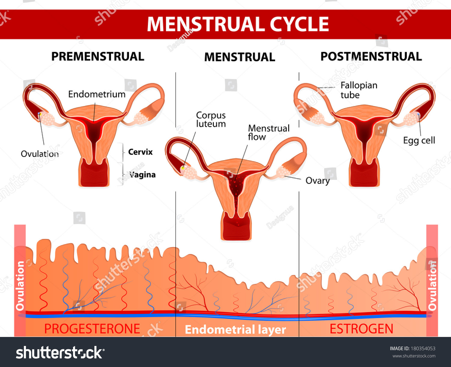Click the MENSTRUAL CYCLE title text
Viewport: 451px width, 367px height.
pos(238,24)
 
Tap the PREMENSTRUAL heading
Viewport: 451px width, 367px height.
pos(98,57)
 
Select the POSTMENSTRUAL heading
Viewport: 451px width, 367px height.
pos(371,57)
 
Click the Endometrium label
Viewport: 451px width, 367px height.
pos(97,94)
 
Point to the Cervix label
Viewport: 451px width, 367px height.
pos(140,152)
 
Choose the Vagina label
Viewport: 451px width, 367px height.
pos(142,175)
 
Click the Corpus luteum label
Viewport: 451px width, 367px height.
pos(211,119)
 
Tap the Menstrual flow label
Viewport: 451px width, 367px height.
pos(268,132)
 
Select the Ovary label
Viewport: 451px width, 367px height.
pos(318,181)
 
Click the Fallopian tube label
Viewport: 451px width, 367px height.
pos(359,90)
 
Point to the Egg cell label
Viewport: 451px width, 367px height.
pos(419,140)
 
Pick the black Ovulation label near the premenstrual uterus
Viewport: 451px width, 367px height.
pos(40,154)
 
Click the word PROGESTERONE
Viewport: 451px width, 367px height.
pos(92,329)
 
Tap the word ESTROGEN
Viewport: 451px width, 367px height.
pos(361,329)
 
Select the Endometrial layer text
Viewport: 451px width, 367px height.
pos(235,330)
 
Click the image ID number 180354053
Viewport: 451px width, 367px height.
pos(423,348)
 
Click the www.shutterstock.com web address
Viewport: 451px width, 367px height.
pos(414,356)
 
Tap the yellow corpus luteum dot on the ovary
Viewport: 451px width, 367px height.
pos(183,168)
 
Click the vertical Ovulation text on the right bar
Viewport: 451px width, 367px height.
pos(432,286)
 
